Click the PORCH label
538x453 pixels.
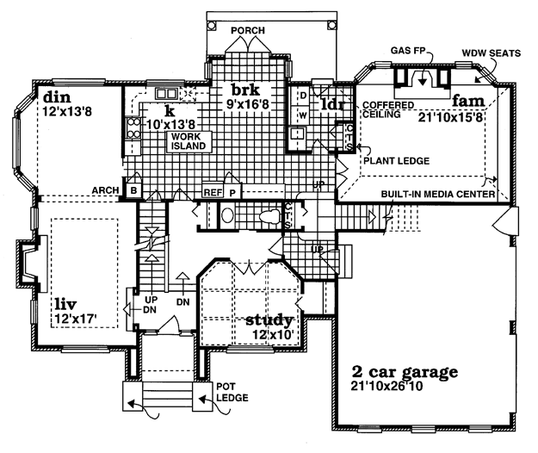click(248, 30)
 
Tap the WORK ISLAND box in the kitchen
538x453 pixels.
click(189, 141)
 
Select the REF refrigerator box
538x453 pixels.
click(213, 193)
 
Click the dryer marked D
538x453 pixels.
click(303, 95)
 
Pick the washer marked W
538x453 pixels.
click(303, 115)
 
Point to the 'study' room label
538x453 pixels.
click(269, 320)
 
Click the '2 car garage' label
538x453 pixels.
click(405, 372)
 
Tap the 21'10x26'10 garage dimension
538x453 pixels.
click(386, 386)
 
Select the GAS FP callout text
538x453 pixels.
click(408, 51)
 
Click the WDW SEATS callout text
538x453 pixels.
click(491, 53)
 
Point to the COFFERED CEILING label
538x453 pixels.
click(388, 109)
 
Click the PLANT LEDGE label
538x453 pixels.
click(396, 160)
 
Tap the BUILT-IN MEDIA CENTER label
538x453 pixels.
click(438, 195)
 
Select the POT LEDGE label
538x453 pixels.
click(232, 392)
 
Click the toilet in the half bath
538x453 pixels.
click(270, 216)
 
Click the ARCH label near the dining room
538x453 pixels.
click(105, 190)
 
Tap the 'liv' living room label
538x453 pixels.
click(65, 304)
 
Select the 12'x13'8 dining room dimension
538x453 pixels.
click(67, 111)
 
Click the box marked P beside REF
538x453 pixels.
click(232, 193)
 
